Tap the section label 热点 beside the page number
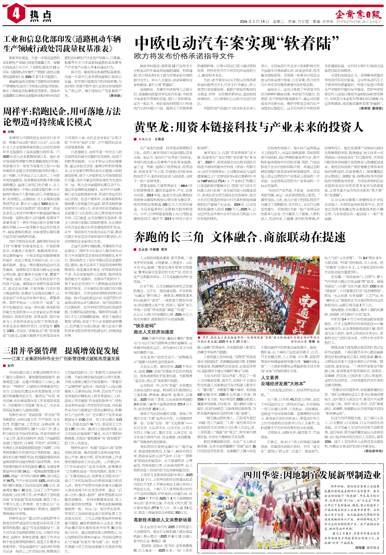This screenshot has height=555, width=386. pyautogui.click(x=40, y=16)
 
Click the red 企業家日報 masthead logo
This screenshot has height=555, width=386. pyautogui.click(x=358, y=14)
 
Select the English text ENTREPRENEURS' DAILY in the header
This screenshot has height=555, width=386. pyautogui.click(x=358, y=22)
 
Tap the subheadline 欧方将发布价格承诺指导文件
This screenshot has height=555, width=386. pyautogui.click(x=184, y=56)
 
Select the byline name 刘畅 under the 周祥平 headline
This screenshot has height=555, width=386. pyautogui.click(x=11, y=132)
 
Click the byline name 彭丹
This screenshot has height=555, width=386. pyautogui.click(x=11, y=366)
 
